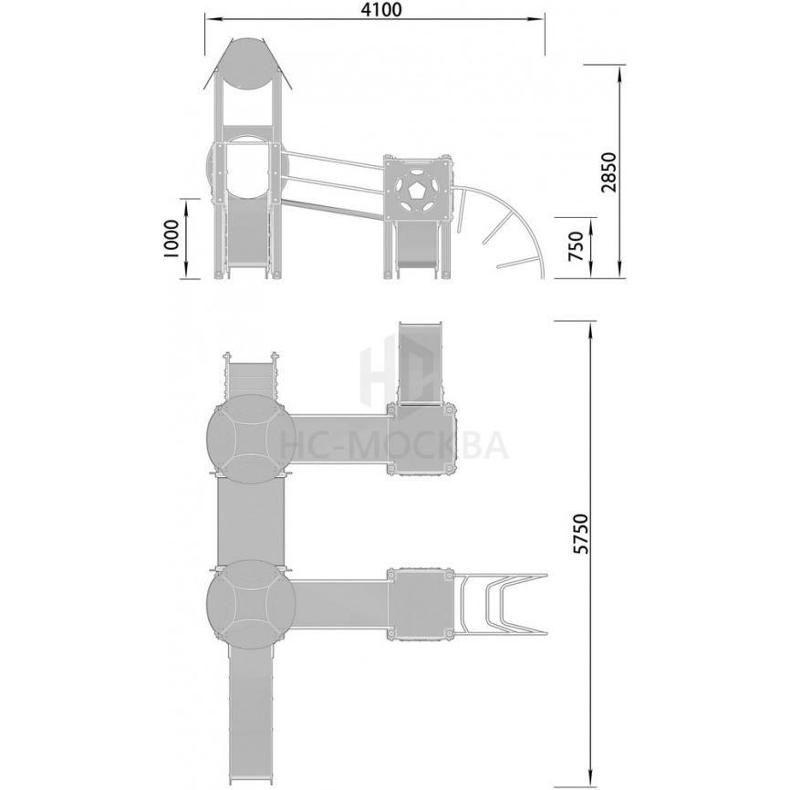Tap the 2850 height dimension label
pos(609,172)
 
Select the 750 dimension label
pos(576,246)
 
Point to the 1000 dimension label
pos(172,238)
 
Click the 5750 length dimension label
pos(580,534)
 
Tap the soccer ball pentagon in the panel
pos(416,192)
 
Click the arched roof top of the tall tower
pos(247,63)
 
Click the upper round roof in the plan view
pos(251,432)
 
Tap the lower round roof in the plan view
pos(251,598)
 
